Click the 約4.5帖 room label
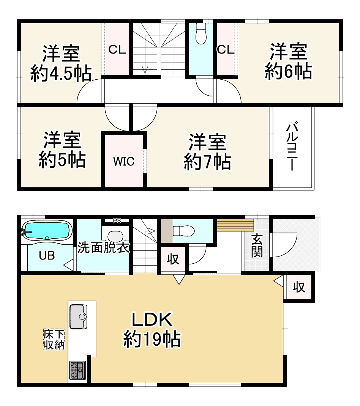[x=61, y=64]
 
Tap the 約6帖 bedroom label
[x=288, y=61]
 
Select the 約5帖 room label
[x=62, y=150]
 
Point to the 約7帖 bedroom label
[x=207, y=152]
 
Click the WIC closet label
[x=123, y=161]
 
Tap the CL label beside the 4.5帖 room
[x=117, y=50]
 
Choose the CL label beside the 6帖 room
[x=226, y=50]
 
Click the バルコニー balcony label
[x=292, y=146]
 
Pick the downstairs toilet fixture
[x=183, y=230]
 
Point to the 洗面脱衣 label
[x=104, y=248]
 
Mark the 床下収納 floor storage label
[x=54, y=340]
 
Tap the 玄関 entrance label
[x=257, y=246]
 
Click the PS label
[x=117, y=220]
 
